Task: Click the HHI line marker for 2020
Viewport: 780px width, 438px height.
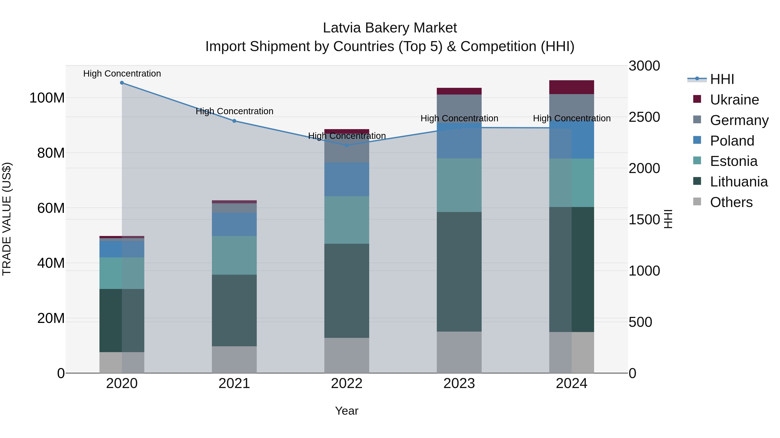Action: coord(122,83)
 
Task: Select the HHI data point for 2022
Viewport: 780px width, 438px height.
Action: coord(347,145)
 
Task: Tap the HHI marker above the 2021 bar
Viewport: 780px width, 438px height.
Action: coord(234,121)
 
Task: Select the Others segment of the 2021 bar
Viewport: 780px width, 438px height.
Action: coord(234,359)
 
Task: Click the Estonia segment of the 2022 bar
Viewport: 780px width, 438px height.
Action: coord(347,220)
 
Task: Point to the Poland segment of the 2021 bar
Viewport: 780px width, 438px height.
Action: coord(234,224)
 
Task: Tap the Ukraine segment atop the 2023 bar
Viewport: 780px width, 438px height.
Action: coord(459,91)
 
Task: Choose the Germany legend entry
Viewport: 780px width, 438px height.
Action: coord(739,120)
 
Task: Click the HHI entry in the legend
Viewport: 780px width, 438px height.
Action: coord(722,79)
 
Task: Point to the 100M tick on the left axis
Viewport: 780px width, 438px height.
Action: coord(47,98)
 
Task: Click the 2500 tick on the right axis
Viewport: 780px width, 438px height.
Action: coord(644,117)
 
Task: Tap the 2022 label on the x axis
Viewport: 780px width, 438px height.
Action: coord(347,383)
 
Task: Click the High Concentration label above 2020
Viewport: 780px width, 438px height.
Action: coord(122,74)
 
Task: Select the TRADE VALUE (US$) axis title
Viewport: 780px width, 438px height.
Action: coord(7,219)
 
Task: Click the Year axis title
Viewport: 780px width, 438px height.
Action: coord(347,411)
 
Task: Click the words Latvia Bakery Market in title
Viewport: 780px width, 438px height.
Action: coord(390,28)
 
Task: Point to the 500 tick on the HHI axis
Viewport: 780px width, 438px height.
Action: coord(640,322)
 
